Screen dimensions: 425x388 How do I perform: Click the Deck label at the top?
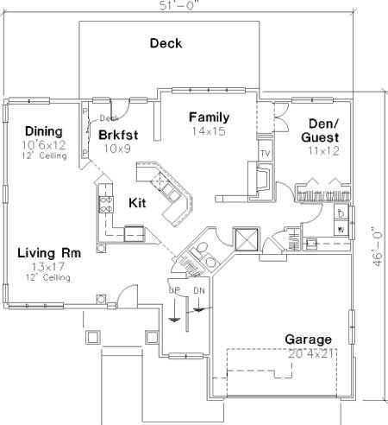(166, 43)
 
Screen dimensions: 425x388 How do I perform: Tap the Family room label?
(209, 117)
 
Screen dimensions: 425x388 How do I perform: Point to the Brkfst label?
(118, 135)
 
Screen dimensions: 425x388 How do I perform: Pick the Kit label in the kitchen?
(137, 203)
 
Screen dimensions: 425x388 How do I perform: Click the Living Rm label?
(48, 254)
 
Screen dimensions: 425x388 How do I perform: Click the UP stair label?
(173, 289)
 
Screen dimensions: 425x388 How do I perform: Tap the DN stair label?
(199, 289)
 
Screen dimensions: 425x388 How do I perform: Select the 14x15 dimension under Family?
(209, 132)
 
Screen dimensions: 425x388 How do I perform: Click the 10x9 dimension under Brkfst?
(112, 149)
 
